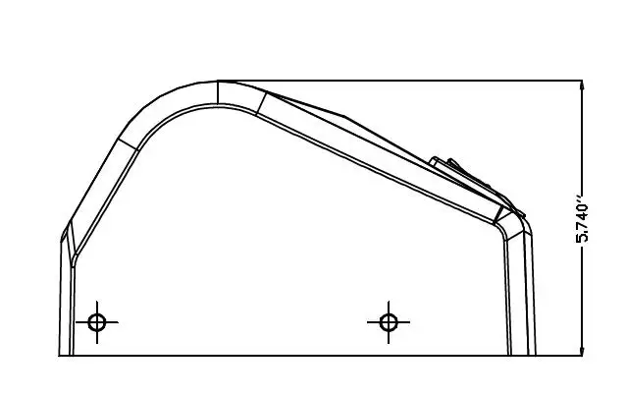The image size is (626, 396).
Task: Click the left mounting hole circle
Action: tap(97, 322)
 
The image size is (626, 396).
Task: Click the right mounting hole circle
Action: tap(389, 322)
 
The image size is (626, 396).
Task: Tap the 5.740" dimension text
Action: tap(582, 219)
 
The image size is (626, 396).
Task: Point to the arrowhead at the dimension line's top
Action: tap(582, 85)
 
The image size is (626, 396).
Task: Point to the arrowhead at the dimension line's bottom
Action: tap(582, 351)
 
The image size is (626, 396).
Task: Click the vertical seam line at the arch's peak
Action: tap(218, 92)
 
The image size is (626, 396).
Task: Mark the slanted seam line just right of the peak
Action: tap(261, 103)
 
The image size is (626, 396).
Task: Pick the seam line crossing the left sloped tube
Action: tap(128, 144)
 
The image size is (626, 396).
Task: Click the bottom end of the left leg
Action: tap(67, 355)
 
